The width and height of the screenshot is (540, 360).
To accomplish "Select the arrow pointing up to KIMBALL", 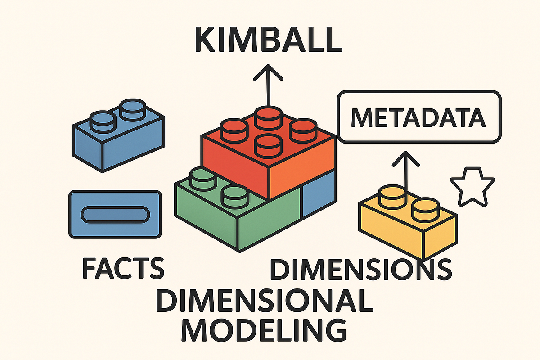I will pyautogui.click(x=268, y=85).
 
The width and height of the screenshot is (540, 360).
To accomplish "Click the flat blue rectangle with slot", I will pyautogui.click(x=114, y=214).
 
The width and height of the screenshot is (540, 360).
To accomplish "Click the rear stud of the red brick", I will pyautogui.click(x=267, y=117).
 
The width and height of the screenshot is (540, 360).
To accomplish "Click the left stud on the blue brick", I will pyautogui.click(x=103, y=120).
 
